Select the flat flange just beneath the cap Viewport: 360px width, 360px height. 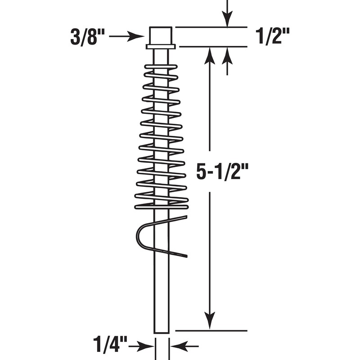click(x=161, y=46)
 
